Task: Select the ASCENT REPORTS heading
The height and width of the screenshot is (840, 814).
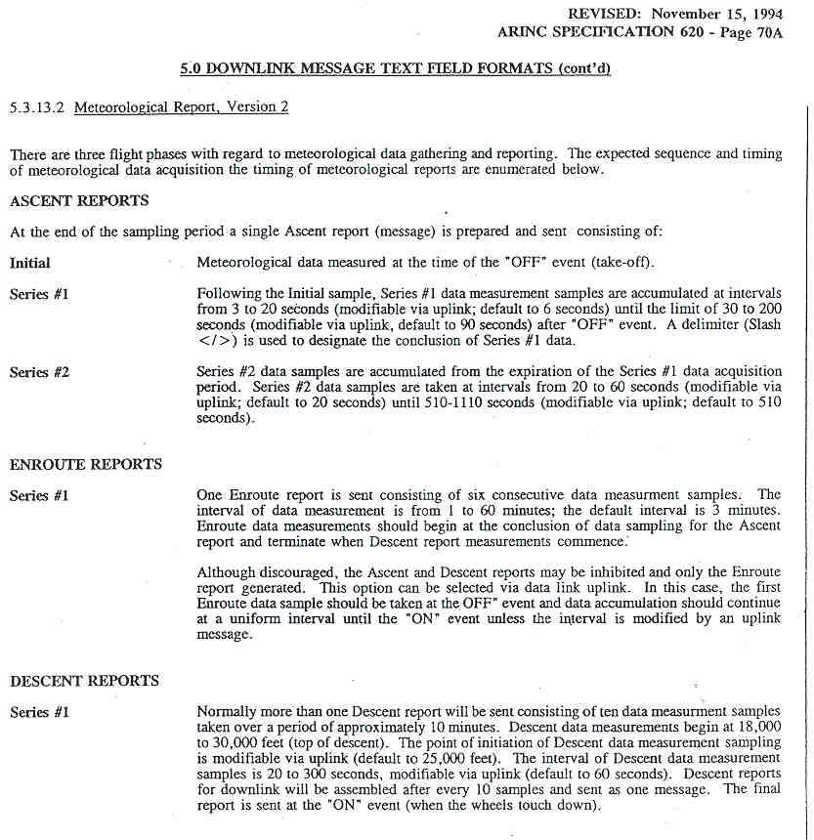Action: (x=79, y=201)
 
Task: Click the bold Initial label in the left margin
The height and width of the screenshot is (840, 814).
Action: (x=30, y=263)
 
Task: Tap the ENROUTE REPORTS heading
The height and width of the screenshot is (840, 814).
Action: (x=86, y=464)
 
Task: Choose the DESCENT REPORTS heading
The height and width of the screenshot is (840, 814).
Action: (x=84, y=680)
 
